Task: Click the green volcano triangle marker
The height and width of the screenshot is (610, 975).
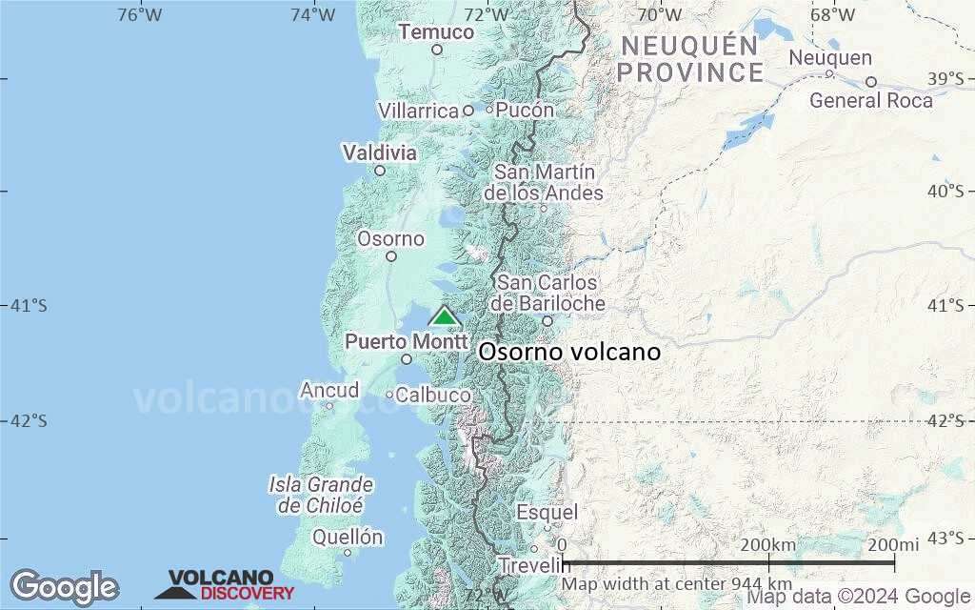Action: pyautogui.click(x=444, y=316)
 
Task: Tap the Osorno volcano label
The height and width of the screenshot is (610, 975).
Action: pyautogui.click(x=569, y=352)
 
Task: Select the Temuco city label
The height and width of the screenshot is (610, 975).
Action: pyautogui.click(x=436, y=32)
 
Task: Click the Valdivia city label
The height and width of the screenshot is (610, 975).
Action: pyautogui.click(x=379, y=152)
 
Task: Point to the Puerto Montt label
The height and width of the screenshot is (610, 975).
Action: pyautogui.click(x=407, y=341)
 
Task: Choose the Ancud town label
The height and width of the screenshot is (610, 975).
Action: pyautogui.click(x=329, y=391)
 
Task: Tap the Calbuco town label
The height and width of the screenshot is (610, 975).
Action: pyautogui.click(x=433, y=395)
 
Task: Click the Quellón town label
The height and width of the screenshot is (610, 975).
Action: pyautogui.click(x=348, y=538)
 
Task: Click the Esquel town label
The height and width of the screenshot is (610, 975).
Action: pyautogui.click(x=547, y=513)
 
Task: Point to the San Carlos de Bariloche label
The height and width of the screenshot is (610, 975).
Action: pyautogui.click(x=547, y=294)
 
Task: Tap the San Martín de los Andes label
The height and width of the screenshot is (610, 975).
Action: pyautogui.click(x=544, y=183)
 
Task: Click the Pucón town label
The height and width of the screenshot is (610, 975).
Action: pyautogui.click(x=525, y=111)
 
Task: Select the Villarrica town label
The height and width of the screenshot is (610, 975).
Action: pyautogui.click(x=419, y=112)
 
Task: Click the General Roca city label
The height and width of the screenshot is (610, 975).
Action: pyautogui.click(x=871, y=100)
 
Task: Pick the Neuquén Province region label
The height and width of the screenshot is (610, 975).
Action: pyautogui.click(x=691, y=59)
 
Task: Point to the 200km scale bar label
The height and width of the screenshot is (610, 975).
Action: pyautogui.click(x=768, y=544)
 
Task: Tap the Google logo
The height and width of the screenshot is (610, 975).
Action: pyautogui.click(x=64, y=587)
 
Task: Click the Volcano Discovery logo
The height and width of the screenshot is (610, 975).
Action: pyautogui.click(x=225, y=585)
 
